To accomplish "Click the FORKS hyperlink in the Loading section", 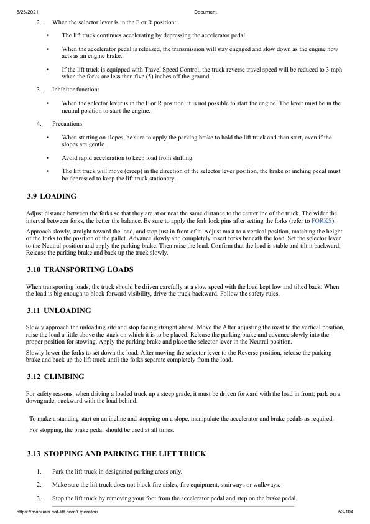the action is click(322, 220).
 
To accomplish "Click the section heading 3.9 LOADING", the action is click(52, 196).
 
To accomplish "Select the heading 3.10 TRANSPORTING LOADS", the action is click(81, 269).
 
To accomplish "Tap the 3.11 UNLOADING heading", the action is click(59, 310).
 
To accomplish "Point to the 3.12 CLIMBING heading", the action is click(55, 377).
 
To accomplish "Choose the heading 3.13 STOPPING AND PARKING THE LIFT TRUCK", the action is click(116, 454).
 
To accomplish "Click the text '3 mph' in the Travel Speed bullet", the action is click(333, 70).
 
